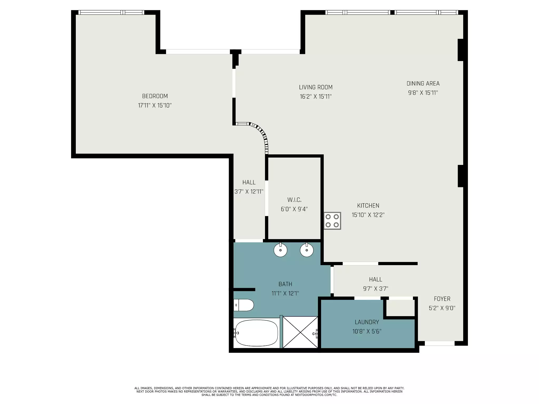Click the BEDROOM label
point(155,96)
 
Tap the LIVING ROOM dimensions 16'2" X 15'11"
point(316,97)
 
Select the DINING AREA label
point(423,83)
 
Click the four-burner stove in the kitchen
point(332,221)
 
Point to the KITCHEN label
point(368,205)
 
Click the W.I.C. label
point(294,200)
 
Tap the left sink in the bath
point(280,250)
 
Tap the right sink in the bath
point(307,250)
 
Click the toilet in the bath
point(243,305)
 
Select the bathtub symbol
point(256,333)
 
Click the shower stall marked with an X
point(300,332)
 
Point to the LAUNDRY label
point(367,322)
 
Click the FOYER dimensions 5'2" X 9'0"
point(442,308)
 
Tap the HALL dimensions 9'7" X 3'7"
point(375,289)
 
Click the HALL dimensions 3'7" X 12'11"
point(249,191)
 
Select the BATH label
point(285,284)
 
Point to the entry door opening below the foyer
point(440,343)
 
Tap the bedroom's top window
point(111,12)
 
